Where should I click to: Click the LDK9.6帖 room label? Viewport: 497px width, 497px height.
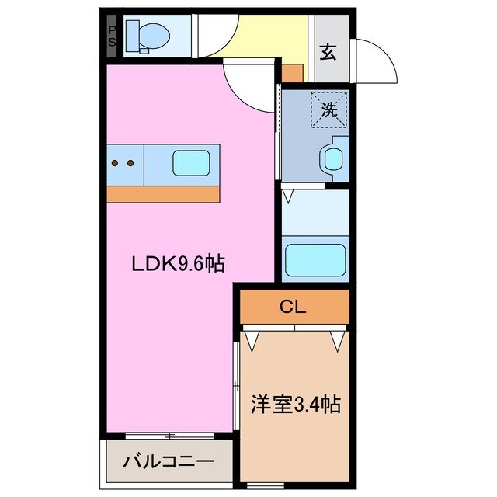[x=177, y=265]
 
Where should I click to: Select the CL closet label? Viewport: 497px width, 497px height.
[x=294, y=308]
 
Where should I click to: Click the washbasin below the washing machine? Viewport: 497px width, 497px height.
[x=333, y=159]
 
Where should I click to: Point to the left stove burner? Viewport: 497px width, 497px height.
[x=116, y=163]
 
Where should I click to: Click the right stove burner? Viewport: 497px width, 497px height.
[x=130, y=163]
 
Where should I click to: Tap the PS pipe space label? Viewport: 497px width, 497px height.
[x=113, y=36]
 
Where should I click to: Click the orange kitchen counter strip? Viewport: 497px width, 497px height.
[x=163, y=193]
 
